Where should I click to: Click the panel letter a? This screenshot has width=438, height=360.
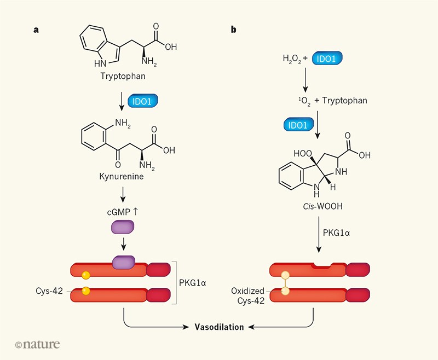[36, 30]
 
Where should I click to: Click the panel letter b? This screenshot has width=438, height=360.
[234, 30]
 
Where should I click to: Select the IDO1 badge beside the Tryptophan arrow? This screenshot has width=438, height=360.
[142, 101]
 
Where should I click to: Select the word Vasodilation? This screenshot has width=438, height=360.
[219, 327]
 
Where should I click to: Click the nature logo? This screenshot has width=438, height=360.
[38, 344]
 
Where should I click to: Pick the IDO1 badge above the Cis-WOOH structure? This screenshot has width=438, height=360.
[299, 125]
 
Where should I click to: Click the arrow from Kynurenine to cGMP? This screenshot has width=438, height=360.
[123, 194]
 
